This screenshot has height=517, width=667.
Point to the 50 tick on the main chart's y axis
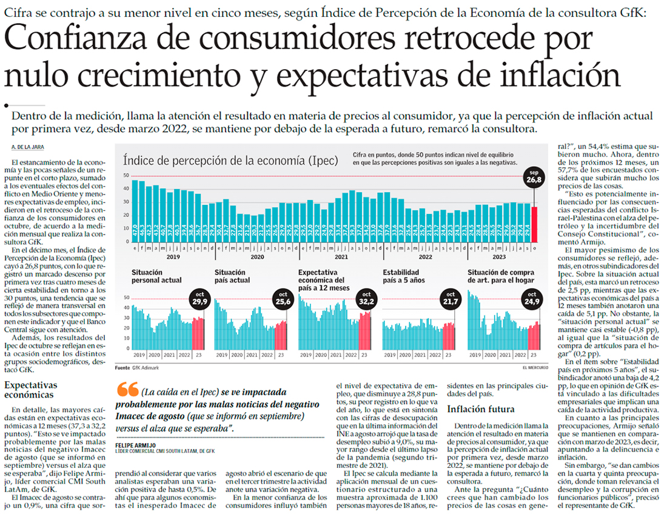coord(126,176)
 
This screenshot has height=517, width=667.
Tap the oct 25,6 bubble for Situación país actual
coord(282,299)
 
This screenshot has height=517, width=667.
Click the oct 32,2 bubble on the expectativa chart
coord(366,299)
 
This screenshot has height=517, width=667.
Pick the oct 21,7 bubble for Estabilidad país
coord(449,299)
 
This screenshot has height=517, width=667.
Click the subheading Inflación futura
coord(480,409)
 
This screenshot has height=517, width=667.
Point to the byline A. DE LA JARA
coord(27,148)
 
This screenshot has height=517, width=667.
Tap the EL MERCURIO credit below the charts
coord(534,368)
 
